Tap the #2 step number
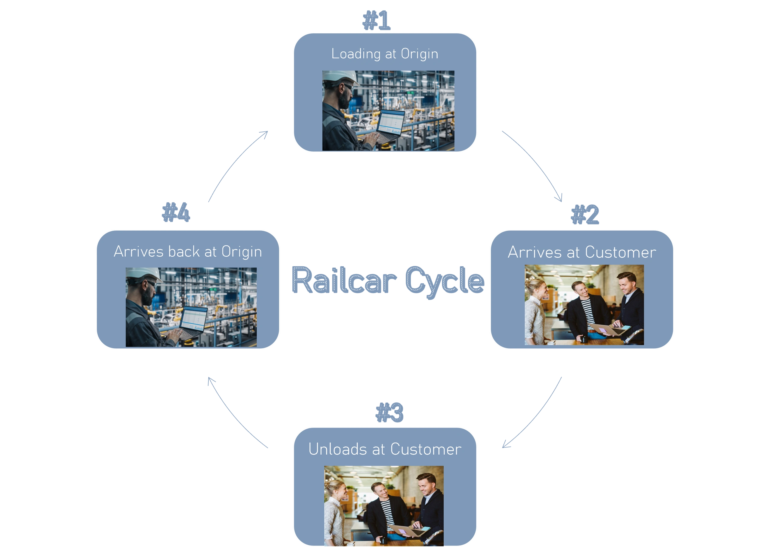[585, 214]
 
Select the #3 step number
[389, 412]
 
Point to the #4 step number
[176, 213]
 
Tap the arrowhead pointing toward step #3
[506, 445]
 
